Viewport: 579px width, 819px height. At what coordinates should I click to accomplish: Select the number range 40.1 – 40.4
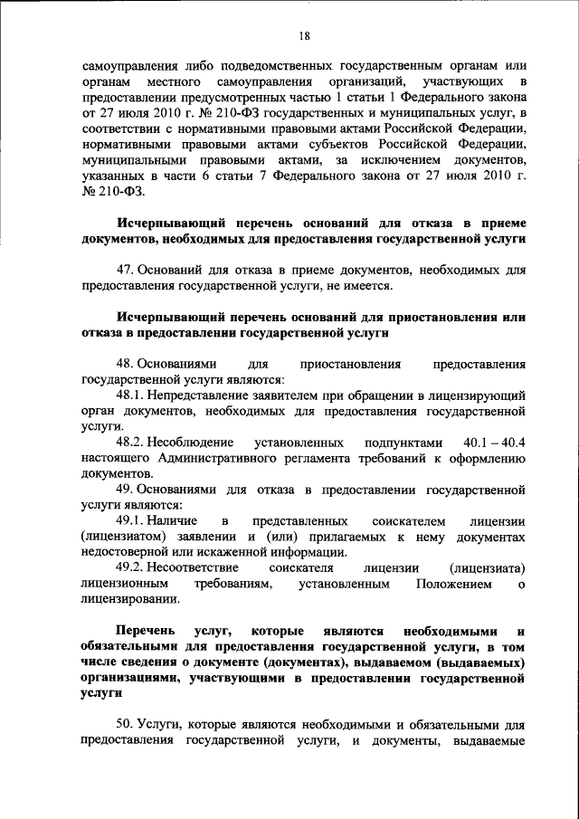pos(494,443)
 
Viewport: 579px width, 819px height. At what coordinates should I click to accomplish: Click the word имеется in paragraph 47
pos(368,287)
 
